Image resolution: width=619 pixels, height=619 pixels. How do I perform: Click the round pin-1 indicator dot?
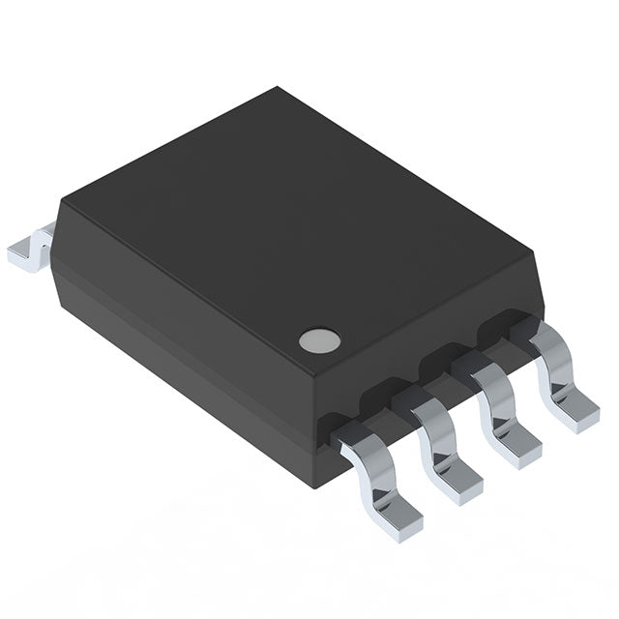[x=319, y=339]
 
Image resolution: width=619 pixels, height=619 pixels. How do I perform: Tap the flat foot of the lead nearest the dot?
[x=398, y=513]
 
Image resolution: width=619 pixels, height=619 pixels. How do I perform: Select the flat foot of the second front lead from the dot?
[x=457, y=482]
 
